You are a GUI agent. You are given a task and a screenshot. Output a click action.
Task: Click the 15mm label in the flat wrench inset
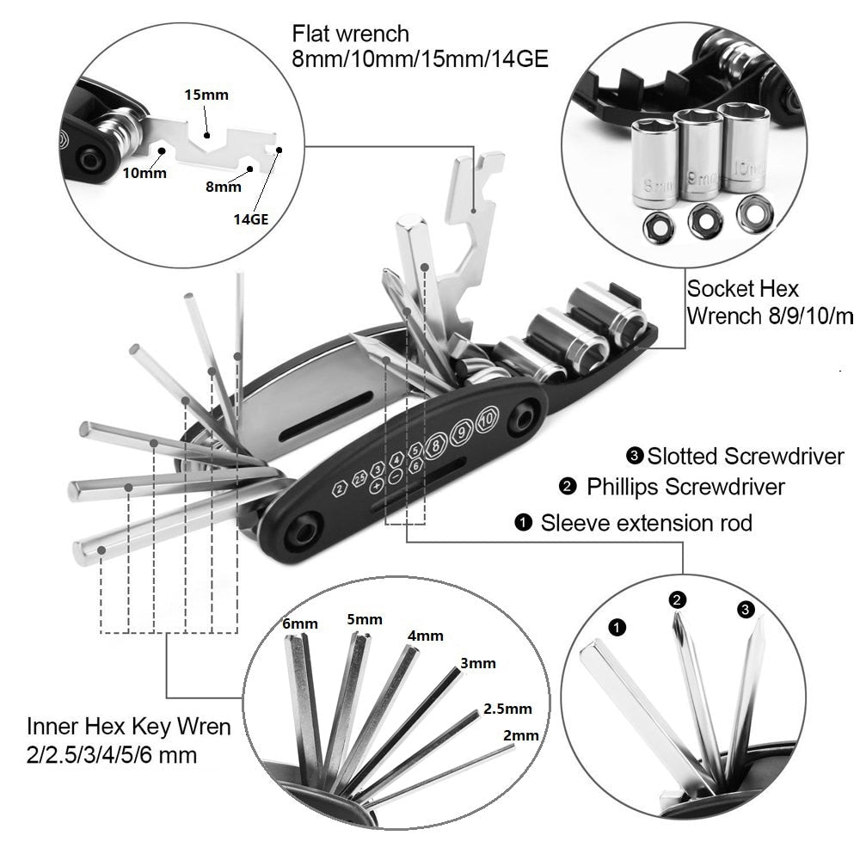pos(206,95)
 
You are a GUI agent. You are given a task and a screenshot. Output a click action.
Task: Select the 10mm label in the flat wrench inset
pos(144,172)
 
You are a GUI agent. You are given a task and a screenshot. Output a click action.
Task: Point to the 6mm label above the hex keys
pos(300,623)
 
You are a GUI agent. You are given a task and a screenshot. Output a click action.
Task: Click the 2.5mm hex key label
pos(507,709)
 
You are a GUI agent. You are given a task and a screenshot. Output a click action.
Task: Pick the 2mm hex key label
pos(521,735)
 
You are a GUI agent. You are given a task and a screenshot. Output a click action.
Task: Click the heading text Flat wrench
pos(350,34)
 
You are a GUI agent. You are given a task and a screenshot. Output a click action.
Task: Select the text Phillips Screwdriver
pos(685,487)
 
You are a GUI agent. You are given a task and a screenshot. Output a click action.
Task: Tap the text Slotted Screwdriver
pos(746,455)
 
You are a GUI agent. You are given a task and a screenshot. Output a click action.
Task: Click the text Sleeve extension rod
pos(646,522)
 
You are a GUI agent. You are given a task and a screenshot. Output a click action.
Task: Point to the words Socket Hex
pos(742,288)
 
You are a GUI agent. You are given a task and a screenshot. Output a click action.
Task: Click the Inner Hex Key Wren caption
pos(128,727)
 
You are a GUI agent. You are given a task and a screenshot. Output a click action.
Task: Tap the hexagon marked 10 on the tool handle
pos(487,419)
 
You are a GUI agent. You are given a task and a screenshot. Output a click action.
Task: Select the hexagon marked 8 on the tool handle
pos(438,445)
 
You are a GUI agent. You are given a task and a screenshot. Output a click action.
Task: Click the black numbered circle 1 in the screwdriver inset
pos(617,627)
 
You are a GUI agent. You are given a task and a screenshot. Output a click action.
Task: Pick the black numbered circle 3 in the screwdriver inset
pos(746,610)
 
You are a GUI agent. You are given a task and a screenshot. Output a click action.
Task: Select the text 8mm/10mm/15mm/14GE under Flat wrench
pos(421,59)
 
